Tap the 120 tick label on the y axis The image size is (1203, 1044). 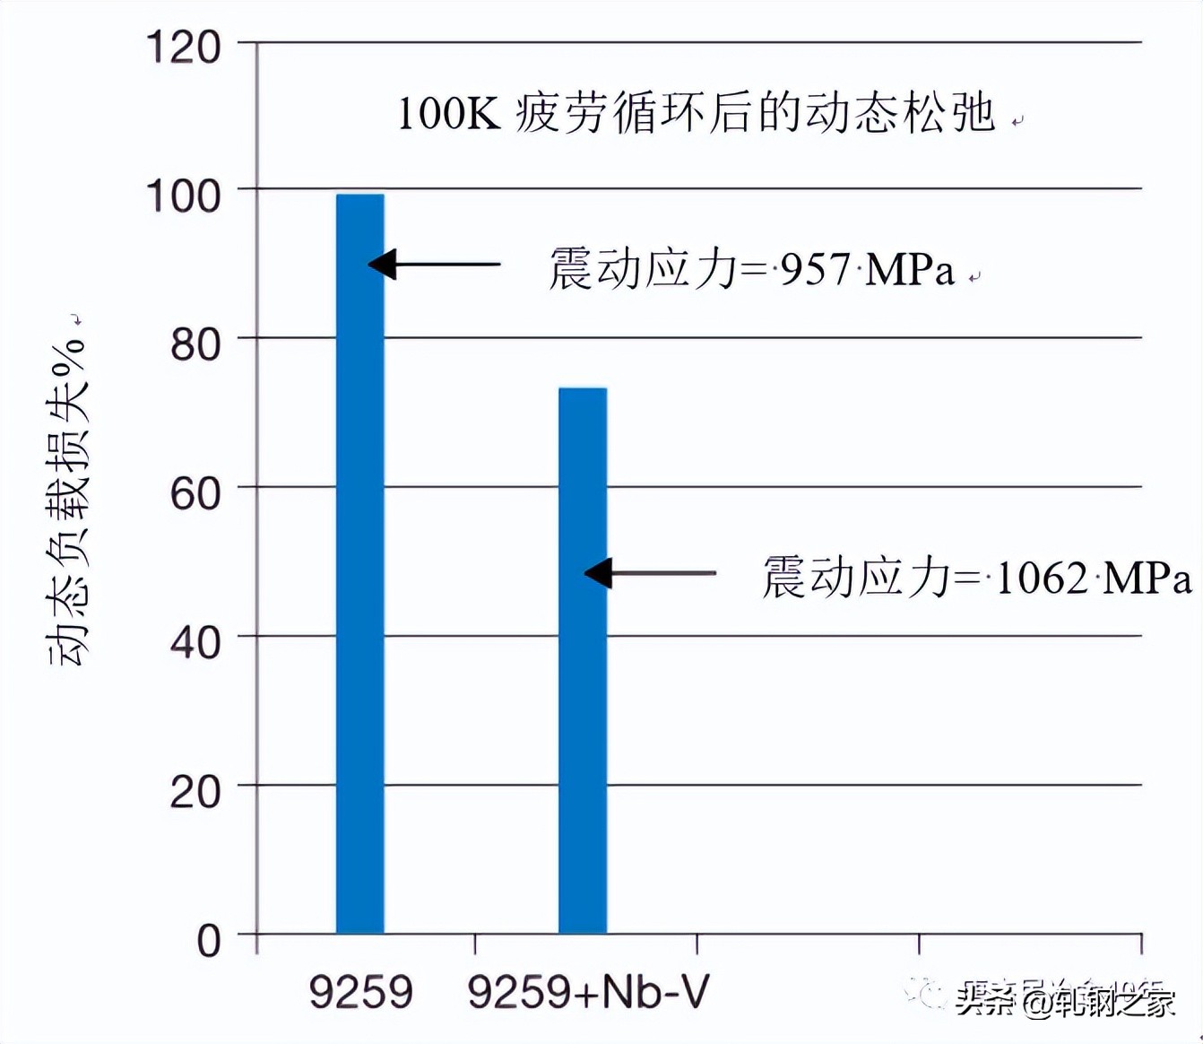click(x=183, y=47)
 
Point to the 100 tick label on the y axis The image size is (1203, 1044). click(x=183, y=196)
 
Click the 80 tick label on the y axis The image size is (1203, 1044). click(x=195, y=344)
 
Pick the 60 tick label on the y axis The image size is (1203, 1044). click(x=195, y=493)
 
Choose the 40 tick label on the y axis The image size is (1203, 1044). click(x=195, y=642)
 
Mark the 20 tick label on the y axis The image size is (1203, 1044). click(x=195, y=791)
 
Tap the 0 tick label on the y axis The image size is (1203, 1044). click(x=209, y=941)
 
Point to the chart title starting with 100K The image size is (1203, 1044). click(x=696, y=114)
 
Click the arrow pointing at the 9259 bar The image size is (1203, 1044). click(x=434, y=265)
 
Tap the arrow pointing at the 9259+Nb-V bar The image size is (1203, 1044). click(x=650, y=572)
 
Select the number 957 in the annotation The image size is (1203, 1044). click(x=815, y=269)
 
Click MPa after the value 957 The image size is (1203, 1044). click(x=911, y=269)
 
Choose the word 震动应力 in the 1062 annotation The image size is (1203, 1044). click(x=856, y=576)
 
